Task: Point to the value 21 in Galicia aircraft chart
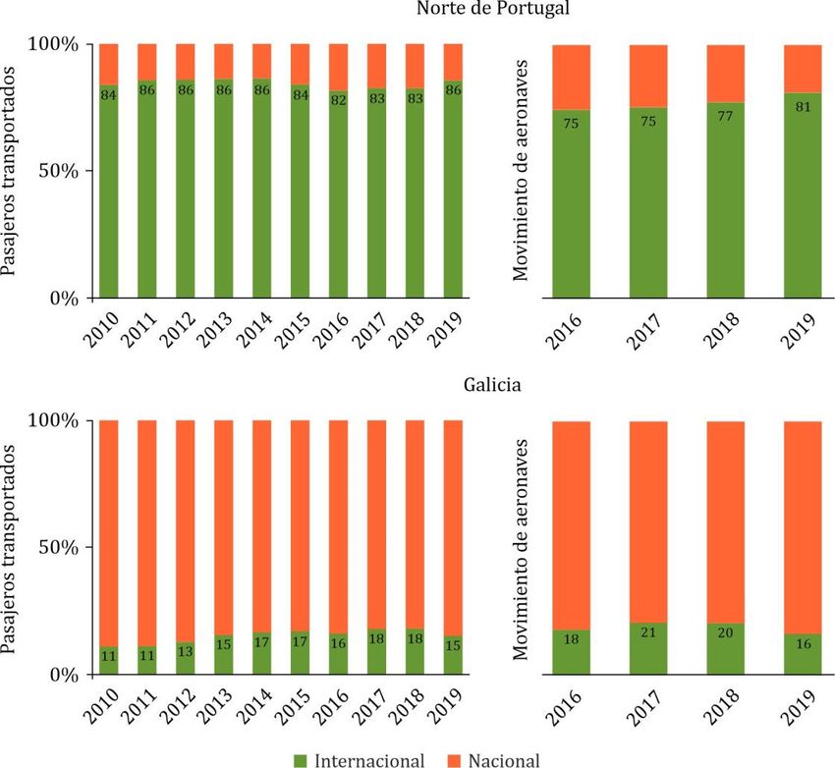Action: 648,631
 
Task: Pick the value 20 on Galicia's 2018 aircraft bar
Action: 726,633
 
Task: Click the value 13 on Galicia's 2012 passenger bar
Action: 186,649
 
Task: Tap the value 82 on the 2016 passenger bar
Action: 339,98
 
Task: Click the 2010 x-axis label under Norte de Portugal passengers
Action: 105,329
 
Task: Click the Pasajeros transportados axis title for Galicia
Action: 11,548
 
